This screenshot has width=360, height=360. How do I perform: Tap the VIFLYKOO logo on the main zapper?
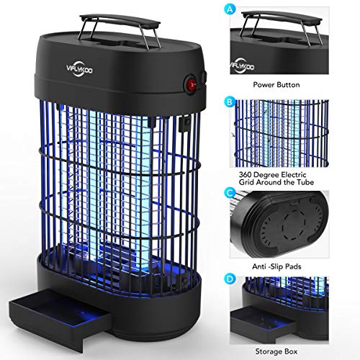click(79, 69)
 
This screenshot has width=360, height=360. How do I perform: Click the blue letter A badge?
click(230, 9)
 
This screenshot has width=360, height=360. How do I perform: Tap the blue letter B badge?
click(230, 102)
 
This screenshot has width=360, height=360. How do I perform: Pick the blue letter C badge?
click(230, 193)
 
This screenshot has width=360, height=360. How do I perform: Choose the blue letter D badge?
click(230, 279)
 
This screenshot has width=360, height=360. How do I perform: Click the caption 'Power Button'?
click(276, 85)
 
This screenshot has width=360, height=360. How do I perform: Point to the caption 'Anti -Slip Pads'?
click(276, 266)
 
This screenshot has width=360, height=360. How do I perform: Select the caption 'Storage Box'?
click(276, 351)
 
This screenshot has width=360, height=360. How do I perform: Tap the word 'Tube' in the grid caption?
click(305, 182)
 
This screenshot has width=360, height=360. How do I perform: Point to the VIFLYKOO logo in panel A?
click(243, 66)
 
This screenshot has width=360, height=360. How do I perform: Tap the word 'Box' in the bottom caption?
click(290, 351)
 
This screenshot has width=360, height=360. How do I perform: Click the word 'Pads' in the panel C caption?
click(293, 266)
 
